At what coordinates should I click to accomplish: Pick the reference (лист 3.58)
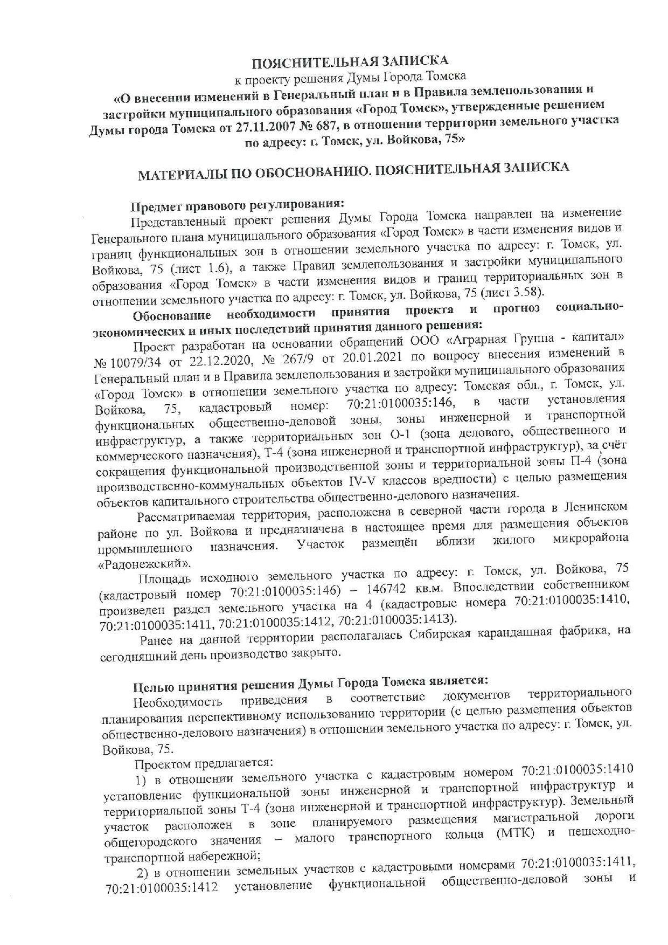pyautogui.click(x=512, y=293)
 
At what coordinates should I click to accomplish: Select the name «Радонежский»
pyautogui.click(x=145, y=564)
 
